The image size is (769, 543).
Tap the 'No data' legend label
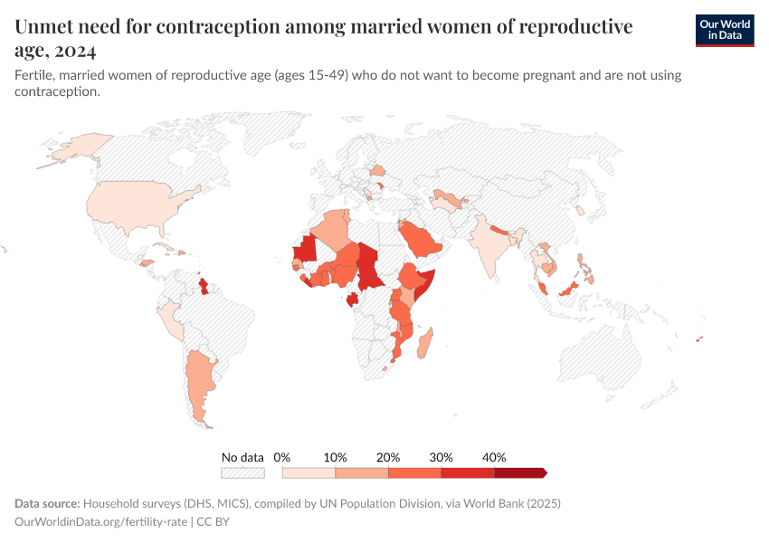click(242, 457)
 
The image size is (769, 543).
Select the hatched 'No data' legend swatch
click(242, 472)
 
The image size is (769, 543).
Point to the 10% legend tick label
click(335, 457)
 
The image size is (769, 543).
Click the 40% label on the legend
click(494, 457)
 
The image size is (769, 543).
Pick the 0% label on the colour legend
click(281, 457)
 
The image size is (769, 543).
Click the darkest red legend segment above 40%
click(519, 472)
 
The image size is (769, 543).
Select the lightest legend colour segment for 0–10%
click(309, 472)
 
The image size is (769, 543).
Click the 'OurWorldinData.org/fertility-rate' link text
click(102, 522)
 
